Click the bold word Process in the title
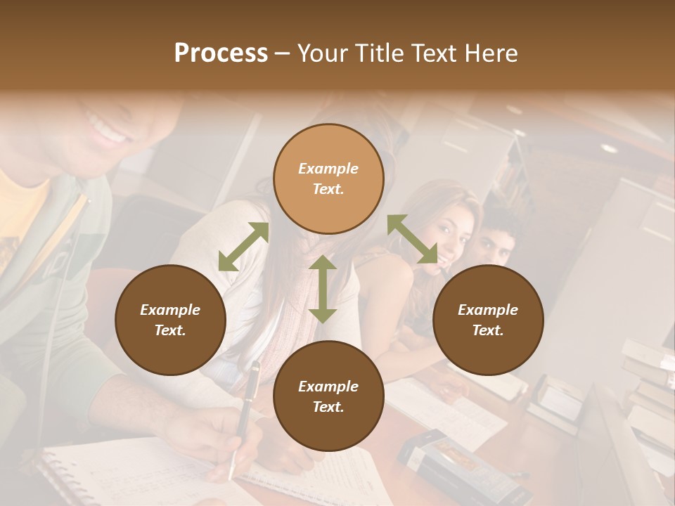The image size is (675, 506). point(221,53)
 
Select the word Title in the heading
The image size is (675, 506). point(380,53)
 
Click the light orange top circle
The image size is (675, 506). point(328,179)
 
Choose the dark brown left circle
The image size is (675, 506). point(170,320)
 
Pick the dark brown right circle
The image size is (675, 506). point(488,320)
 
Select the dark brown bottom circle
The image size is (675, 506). point(328,396)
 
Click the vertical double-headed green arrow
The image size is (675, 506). point(323,289)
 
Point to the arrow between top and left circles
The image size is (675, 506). point(243,247)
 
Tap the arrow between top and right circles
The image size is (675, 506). point(412,239)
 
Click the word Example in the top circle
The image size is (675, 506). point(328,169)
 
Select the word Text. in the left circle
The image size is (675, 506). point(170,330)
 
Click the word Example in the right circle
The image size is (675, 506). point(488,310)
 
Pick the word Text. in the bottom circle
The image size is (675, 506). point(328,407)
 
